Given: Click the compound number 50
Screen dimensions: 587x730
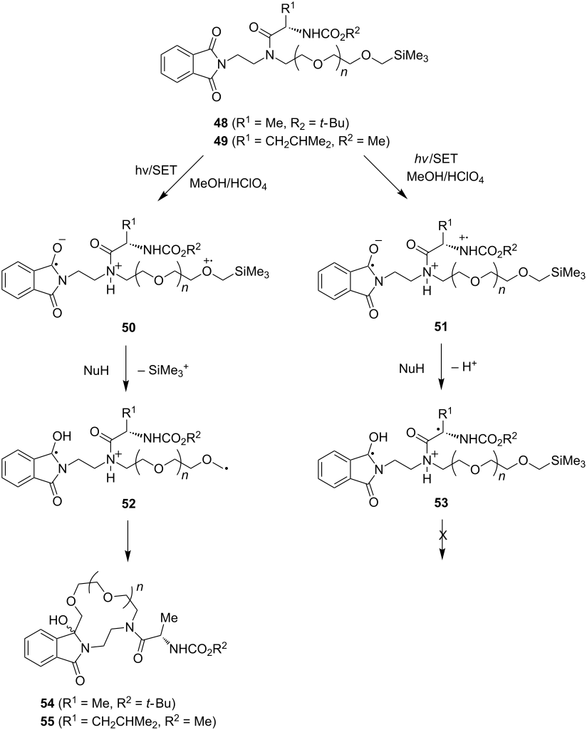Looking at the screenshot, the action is click(128, 328).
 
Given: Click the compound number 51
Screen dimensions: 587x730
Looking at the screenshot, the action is click(440, 327).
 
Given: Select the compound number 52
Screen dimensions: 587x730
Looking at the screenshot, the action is click(128, 504).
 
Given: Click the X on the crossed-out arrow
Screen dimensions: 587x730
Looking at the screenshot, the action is click(442, 536).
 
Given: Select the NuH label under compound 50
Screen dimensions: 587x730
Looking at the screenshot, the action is click(97, 370).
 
